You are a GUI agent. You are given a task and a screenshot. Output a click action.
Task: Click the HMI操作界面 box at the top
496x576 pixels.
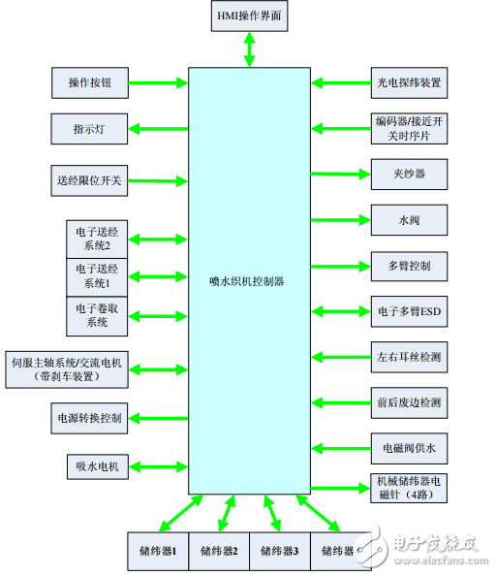coord(249,16)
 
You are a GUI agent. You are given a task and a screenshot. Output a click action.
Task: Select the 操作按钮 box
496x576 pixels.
coord(90,83)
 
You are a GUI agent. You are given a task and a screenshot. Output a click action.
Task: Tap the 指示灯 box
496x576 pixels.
coord(90,128)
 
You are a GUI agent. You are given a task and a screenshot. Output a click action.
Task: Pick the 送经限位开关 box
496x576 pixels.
coord(90,178)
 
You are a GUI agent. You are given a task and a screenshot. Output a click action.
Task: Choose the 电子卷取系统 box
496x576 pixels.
coord(97,315)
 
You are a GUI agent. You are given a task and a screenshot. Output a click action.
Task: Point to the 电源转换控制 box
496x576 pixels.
coord(88,418)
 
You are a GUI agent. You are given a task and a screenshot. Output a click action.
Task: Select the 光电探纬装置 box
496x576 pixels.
coord(408,83)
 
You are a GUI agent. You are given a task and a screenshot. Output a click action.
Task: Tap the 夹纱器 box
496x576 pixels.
coord(408,175)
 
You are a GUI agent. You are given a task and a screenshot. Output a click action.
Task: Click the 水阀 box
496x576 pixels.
coord(408,220)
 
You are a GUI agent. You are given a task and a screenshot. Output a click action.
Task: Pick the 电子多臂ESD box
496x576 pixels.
coord(408,311)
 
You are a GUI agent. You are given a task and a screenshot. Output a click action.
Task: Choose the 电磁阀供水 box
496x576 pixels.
coord(408,448)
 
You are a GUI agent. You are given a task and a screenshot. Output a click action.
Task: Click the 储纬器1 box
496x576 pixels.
coord(158,550)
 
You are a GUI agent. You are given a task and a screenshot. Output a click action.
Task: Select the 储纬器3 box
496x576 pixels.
coord(279,550)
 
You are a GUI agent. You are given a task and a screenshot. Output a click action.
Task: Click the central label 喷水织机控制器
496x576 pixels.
coord(248,280)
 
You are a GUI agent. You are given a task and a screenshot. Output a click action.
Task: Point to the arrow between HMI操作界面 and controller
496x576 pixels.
coord(249,48)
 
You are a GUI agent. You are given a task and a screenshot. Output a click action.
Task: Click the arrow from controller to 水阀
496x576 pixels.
coord(341,220)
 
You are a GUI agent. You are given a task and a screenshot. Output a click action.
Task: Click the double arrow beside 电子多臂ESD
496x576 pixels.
coord(341,311)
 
